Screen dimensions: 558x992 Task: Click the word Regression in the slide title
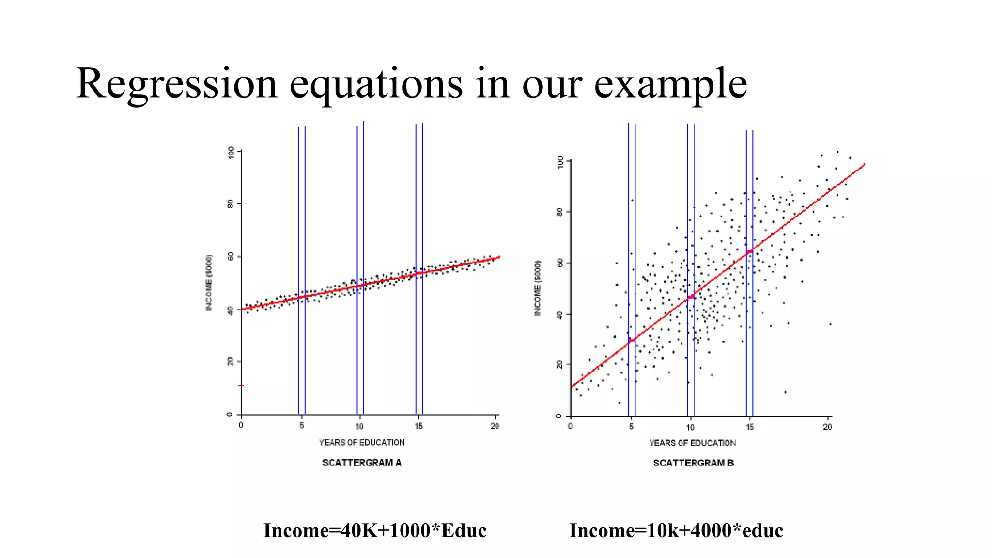[x=177, y=84]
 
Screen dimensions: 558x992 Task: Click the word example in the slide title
[x=670, y=84]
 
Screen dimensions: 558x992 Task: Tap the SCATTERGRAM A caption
[x=362, y=463]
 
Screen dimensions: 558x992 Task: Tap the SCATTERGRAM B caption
[x=693, y=463]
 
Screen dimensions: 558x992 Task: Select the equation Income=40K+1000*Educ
[x=375, y=530]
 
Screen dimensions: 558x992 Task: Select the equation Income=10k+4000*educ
[x=676, y=530]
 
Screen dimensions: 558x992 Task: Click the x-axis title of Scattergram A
[x=362, y=442]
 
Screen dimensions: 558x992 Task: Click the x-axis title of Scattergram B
[x=692, y=443]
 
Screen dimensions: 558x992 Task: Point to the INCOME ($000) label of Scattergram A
[x=209, y=282]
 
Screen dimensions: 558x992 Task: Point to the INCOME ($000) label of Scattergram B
[x=538, y=288]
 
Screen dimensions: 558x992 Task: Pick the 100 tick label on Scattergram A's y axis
[x=231, y=153]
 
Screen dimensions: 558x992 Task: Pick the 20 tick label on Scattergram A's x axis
[x=495, y=426]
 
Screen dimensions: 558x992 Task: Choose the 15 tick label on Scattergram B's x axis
[x=749, y=427]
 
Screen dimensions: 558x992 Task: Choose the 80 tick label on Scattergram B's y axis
[x=560, y=212]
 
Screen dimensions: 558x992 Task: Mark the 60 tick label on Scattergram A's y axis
[x=231, y=256]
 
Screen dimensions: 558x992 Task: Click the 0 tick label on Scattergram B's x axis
[x=571, y=427]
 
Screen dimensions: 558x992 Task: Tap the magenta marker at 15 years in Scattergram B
[x=749, y=251]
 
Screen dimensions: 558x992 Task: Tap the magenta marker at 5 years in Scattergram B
[x=632, y=341]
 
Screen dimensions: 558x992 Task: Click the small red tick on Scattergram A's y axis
[x=241, y=386]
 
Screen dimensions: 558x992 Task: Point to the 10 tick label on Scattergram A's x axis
[x=359, y=426]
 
